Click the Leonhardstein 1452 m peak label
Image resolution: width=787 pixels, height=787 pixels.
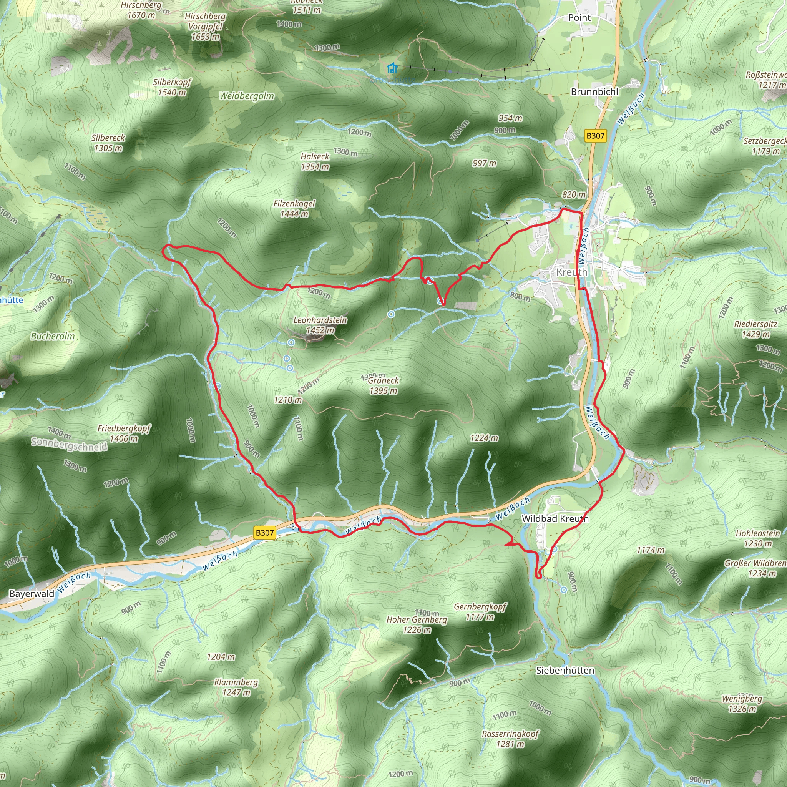tap(320, 325)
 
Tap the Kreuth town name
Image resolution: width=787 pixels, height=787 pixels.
tap(572, 272)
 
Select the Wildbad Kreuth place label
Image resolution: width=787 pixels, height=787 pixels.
tap(555, 518)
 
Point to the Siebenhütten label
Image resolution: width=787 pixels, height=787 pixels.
tap(565, 670)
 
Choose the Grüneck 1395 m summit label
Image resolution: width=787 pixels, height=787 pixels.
tap(383, 385)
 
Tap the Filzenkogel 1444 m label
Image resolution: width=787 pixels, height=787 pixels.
tap(294, 209)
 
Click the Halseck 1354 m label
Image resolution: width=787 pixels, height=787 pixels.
tap(315, 162)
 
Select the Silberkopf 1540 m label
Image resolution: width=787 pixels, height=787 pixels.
tap(172, 87)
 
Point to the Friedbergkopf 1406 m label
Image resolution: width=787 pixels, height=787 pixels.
tap(124, 433)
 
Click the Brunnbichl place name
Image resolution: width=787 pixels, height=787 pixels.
tap(594, 92)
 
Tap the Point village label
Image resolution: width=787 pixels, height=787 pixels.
tap(579, 18)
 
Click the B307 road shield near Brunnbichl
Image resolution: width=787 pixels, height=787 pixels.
tap(595, 136)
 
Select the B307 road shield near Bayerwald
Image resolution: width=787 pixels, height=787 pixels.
tap(264, 532)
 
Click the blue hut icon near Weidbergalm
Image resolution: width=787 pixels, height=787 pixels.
tap(392, 68)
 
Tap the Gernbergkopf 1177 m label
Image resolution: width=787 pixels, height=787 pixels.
tap(480, 612)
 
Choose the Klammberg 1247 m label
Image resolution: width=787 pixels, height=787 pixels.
tap(236, 687)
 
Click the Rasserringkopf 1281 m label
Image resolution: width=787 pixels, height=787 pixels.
tap(510, 739)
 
